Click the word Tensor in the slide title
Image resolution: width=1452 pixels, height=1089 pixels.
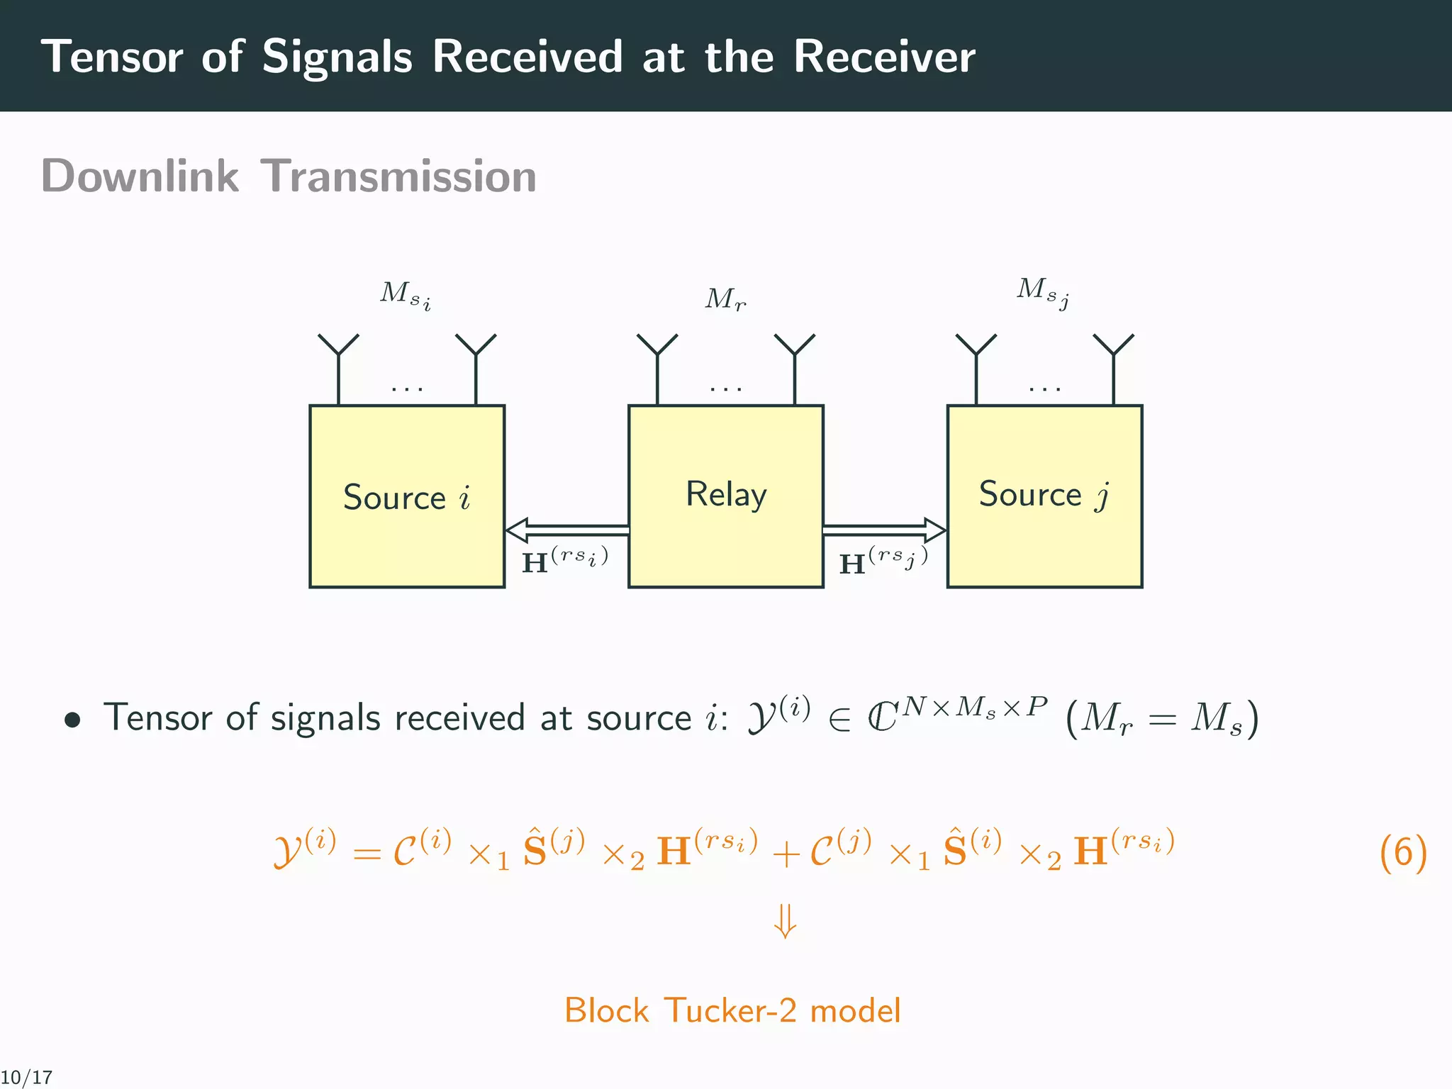(112, 57)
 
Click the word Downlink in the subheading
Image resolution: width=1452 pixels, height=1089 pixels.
(140, 176)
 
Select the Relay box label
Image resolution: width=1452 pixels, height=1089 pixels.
(726, 495)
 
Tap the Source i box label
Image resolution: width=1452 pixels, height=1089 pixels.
(406, 498)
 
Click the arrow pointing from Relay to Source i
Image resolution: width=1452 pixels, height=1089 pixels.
(566, 530)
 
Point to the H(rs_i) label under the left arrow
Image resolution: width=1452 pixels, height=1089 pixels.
(564, 560)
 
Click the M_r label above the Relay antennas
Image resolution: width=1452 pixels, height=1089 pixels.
(725, 299)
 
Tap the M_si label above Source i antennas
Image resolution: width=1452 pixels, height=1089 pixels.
(405, 295)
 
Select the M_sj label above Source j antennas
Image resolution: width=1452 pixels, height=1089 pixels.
(1042, 291)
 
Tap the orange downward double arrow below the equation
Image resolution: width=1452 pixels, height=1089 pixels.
(785, 921)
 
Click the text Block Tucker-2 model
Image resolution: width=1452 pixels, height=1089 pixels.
(732, 1010)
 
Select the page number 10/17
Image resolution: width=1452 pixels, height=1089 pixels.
(26, 1078)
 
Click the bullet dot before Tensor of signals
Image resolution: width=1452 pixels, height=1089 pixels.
(72, 721)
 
